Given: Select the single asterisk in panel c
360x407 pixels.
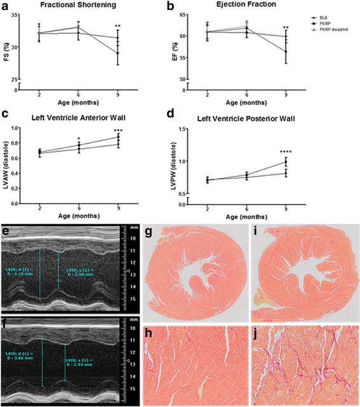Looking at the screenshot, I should (x=79, y=138).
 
